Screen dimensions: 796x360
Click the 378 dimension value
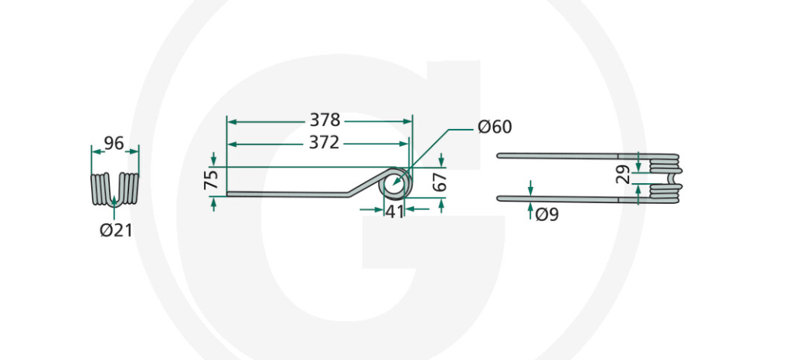[x=325, y=121]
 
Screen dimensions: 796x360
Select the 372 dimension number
[x=325, y=143]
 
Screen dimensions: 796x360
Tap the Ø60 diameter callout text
[x=495, y=127]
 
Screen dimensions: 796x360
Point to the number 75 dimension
[x=211, y=180]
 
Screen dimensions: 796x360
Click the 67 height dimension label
[x=440, y=182]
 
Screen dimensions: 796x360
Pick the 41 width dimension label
[x=394, y=211]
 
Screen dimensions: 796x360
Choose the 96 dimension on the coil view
[x=114, y=143]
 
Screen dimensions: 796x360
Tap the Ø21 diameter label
[x=116, y=230]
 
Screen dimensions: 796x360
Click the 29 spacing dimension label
[x=623, y=174]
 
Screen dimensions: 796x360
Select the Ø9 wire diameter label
[x=547, y=215]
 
